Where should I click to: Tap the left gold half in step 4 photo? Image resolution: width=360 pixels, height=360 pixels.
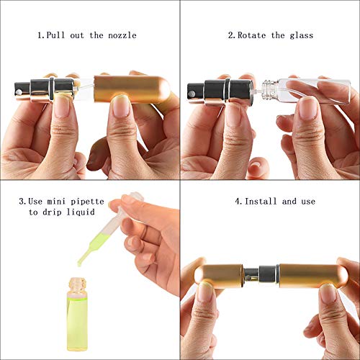coord(220,274)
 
